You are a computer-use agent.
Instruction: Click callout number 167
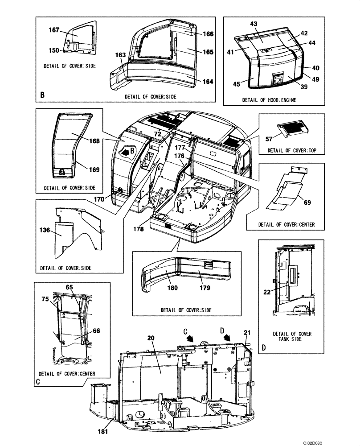[54, 30]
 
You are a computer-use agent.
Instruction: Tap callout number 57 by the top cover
[269, 140]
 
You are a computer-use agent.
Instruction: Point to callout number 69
[307, 202]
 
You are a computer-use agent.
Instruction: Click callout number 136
[45, 231]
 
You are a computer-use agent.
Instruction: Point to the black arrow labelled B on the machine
[128, 152]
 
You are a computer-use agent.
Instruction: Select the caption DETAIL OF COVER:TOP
[292, 151]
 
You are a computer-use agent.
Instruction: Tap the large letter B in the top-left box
[42, 95]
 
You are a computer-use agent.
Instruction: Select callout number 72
[157, 134]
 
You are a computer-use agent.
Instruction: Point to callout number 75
[45, 300]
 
